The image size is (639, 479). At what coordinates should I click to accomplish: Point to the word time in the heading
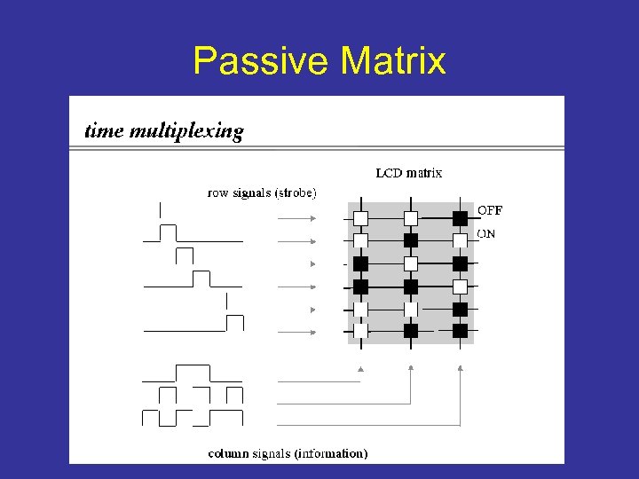[104, 132]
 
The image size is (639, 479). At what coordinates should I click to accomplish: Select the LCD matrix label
[408, 173]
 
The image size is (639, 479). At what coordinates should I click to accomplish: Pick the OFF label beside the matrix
[490, 211]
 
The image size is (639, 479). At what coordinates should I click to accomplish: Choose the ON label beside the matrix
[487, 234]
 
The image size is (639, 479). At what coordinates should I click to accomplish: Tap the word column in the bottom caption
[228, 453]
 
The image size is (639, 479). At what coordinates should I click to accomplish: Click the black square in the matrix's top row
[460, 217]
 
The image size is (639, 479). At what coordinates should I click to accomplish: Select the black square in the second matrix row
[410, 240]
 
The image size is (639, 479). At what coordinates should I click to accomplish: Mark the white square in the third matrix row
[410, 263]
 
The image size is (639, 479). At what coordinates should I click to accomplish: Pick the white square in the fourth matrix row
[460, 287]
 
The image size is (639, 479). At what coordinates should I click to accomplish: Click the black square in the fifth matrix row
[460, 310]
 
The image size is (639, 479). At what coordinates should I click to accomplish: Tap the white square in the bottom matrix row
[360, 331]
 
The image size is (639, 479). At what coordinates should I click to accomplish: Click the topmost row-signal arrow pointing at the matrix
[298, 217]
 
